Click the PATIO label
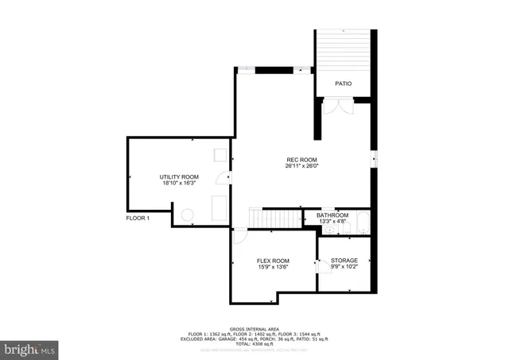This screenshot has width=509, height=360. (x=343, y=83)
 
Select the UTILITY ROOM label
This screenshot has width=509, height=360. (x=179, y=176)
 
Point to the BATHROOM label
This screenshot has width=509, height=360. (x=332, y=215)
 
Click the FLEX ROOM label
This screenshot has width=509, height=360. (x=272, y=261)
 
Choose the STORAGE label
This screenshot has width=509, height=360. (x=344, y=261)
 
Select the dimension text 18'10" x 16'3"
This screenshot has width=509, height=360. (x=179, y=183)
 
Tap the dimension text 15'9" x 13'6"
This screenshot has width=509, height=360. (x=272, y=267)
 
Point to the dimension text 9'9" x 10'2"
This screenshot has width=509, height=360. (x=344, y=267)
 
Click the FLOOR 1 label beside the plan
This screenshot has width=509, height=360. (x=138, y=218)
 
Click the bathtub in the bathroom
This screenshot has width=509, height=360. (x=362, y=223)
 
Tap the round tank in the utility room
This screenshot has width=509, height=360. (x=188, y=214)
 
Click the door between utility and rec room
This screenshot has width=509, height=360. (x=230, y=176)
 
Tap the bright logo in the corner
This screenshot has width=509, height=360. (x=30, y=349)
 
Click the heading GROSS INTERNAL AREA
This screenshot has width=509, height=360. (x=254, y=327)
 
